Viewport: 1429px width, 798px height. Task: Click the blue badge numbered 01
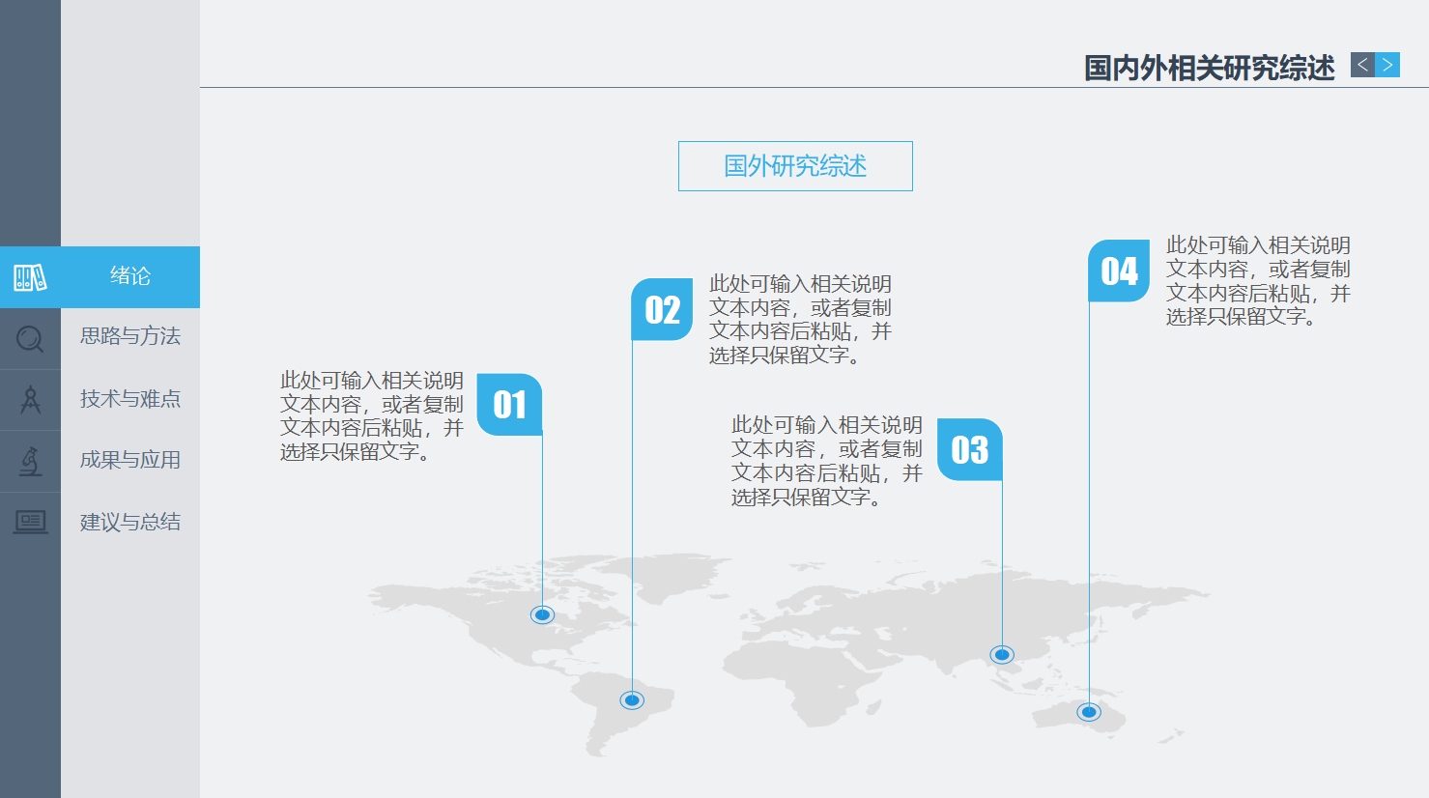(510, 405)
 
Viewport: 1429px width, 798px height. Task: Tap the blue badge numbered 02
(662, 309)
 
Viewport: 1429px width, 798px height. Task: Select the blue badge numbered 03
(970, 449)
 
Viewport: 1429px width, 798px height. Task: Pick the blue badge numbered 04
(1119, 271)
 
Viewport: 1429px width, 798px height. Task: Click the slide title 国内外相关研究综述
(1210, 68)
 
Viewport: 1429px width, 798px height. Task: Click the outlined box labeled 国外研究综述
(795, 166)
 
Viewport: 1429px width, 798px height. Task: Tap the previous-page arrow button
(1362, 65)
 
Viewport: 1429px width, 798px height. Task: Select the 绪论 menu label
(130, 275)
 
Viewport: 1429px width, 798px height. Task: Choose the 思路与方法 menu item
(130, 336)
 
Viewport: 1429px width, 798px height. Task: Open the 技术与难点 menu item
(130, 399)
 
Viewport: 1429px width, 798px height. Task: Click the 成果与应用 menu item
(130, 460)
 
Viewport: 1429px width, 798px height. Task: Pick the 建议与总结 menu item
(130, 522)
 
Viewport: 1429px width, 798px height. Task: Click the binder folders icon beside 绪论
(31, 277)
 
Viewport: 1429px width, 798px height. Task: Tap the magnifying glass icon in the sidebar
(30, 339)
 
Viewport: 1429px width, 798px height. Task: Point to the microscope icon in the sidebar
(30, 461)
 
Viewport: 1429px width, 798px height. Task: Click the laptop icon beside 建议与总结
(31, 523)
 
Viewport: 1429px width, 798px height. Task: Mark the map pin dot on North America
(542, 615)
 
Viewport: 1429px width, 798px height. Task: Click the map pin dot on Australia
(1089, 711)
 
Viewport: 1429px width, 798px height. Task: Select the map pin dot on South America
(632, 700)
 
